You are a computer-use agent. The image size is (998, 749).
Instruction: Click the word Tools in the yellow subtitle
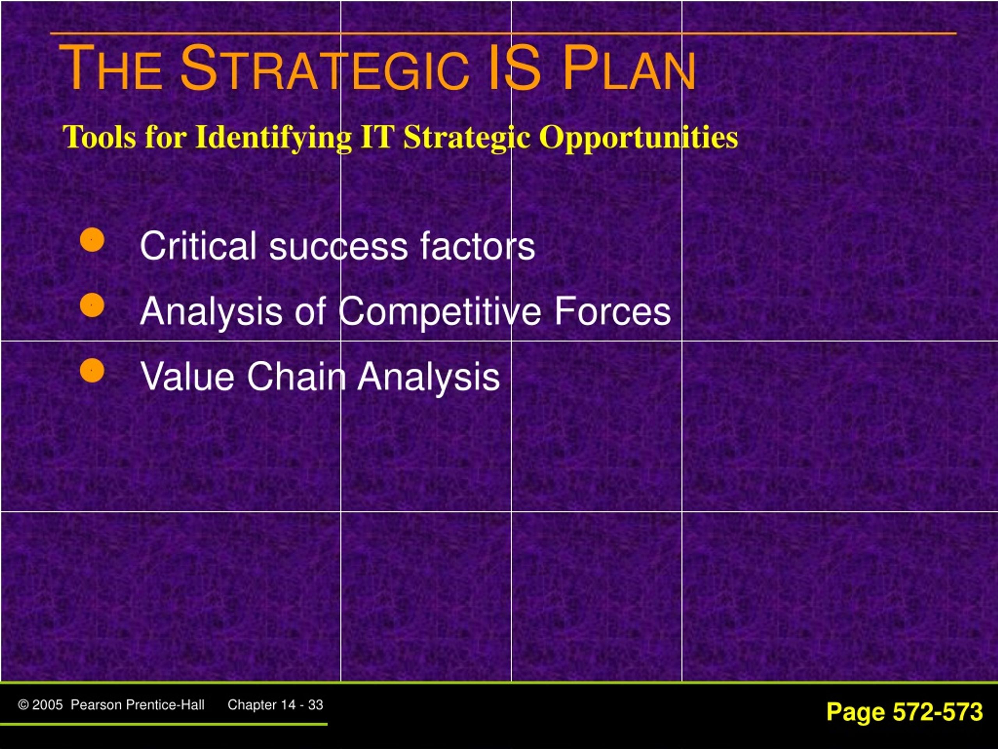99,137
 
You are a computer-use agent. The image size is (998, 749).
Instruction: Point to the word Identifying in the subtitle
273,137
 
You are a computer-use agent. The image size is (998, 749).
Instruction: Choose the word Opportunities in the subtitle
639,137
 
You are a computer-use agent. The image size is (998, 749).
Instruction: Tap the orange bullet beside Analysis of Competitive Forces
92,305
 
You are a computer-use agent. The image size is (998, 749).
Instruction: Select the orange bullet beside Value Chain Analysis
92,370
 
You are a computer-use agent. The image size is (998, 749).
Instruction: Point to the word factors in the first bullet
477,246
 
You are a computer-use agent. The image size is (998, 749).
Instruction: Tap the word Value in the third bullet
187,376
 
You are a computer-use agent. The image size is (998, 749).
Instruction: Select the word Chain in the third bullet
296,376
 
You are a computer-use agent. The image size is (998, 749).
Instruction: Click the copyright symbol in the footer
23,705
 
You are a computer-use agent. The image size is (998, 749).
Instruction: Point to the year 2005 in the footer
48,705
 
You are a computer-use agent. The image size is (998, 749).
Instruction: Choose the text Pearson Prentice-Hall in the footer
138,705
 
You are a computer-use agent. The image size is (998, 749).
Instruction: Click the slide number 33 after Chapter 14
316,705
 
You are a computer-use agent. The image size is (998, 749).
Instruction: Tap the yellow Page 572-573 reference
904,712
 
